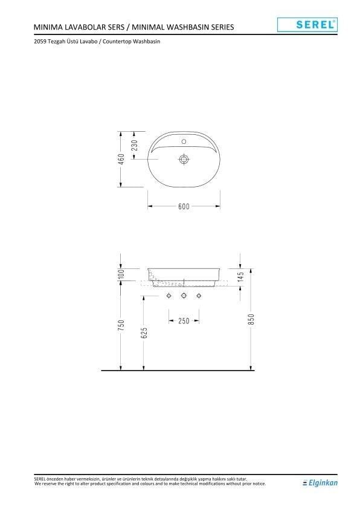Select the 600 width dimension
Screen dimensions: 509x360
tap(184, 206)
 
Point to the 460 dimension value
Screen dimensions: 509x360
tap(121, 159)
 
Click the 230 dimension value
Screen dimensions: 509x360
tap(135, 145)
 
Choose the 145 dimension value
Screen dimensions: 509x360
tap(241, 279)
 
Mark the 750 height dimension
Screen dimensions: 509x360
tap(121, 325)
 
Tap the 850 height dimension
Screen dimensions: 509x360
tap(251, 319)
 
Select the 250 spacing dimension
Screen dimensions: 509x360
tap(184, 321)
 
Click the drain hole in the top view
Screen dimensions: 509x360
tap(184, 160)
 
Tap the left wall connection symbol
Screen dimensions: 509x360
tap(169, 296)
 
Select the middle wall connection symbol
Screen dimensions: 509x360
tap(184, 296)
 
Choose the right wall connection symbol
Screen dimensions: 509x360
tap(198, 296)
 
